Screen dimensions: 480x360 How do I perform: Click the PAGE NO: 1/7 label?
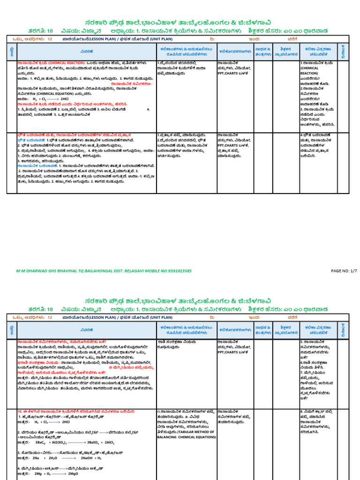tap(344, 271)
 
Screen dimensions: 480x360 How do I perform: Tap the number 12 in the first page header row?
tap(50, 39)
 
